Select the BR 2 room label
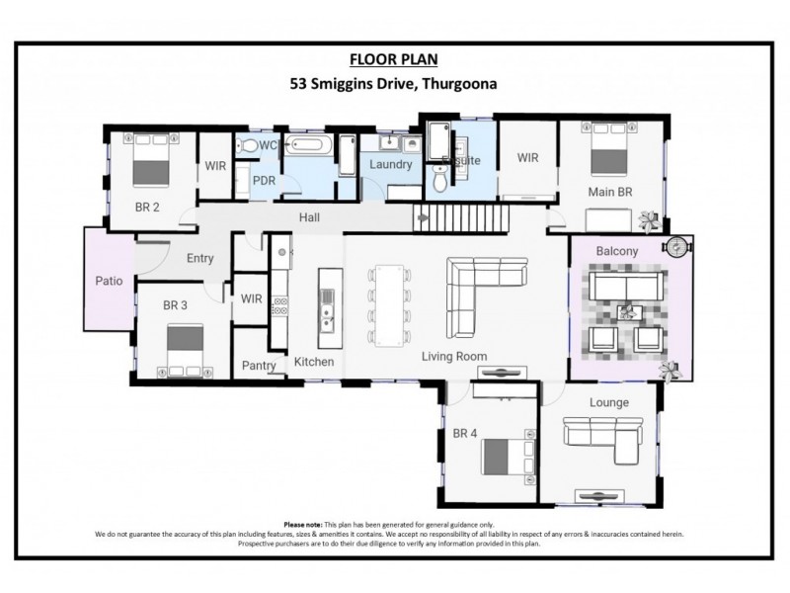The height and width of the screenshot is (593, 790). click(x=149, y=208)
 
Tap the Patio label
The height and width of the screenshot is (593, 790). click(x=108, y=281)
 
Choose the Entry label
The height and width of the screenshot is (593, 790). click(x=199, y=259)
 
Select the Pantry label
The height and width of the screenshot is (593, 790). click(x=259, y=366)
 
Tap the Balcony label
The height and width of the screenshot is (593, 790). click(x=616, y=252)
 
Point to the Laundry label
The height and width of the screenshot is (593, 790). click(x=390, y=164)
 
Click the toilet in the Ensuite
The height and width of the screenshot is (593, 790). click(x=440, y=178)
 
